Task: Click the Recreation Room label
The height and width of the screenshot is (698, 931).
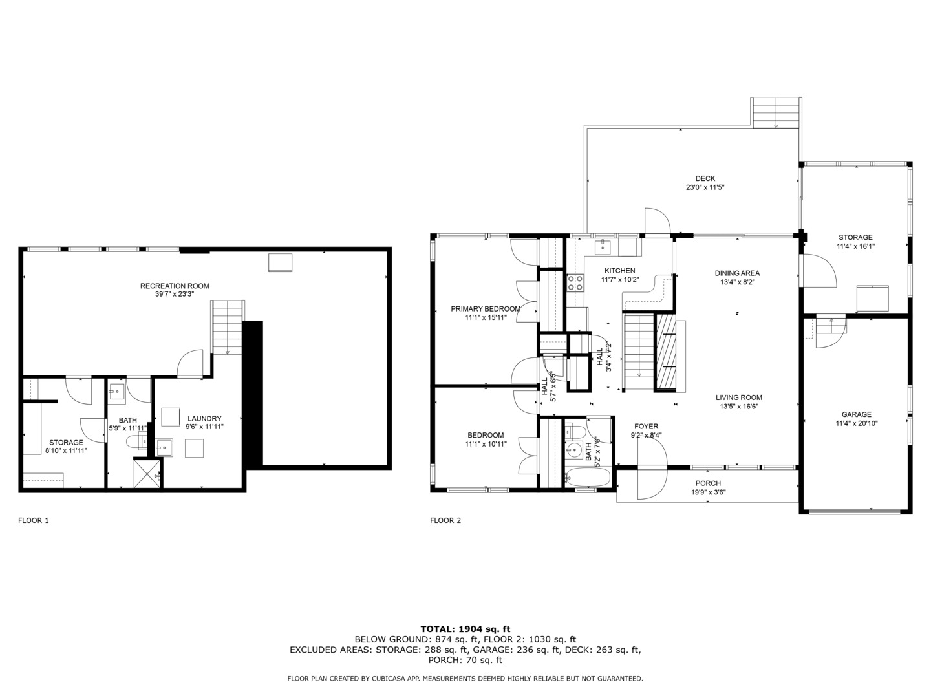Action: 175,286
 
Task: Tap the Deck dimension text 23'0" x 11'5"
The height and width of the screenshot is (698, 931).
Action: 705,187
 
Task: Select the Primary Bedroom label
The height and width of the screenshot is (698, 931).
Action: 486,309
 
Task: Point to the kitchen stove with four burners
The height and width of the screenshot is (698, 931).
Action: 575,282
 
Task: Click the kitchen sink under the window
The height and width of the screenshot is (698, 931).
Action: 603,247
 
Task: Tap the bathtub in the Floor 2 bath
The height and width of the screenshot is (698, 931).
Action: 588,476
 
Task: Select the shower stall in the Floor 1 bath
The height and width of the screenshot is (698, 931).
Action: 147,474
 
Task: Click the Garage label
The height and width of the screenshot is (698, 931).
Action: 857,414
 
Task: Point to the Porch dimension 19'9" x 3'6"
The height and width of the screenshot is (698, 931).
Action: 708,492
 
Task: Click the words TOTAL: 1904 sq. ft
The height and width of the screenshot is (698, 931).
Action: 465,629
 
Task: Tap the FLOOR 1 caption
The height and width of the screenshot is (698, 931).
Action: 34,520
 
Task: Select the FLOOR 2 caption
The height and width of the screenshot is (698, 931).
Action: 445,520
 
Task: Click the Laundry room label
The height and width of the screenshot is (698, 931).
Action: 204,419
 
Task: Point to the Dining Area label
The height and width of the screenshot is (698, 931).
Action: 737,273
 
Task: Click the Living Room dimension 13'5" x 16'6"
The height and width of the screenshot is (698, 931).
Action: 739,407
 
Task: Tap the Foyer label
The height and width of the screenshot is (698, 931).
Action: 646,427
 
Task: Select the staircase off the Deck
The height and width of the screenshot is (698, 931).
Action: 776,112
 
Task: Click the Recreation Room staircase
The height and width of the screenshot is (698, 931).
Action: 228,327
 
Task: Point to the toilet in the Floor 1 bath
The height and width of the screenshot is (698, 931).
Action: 136,441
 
